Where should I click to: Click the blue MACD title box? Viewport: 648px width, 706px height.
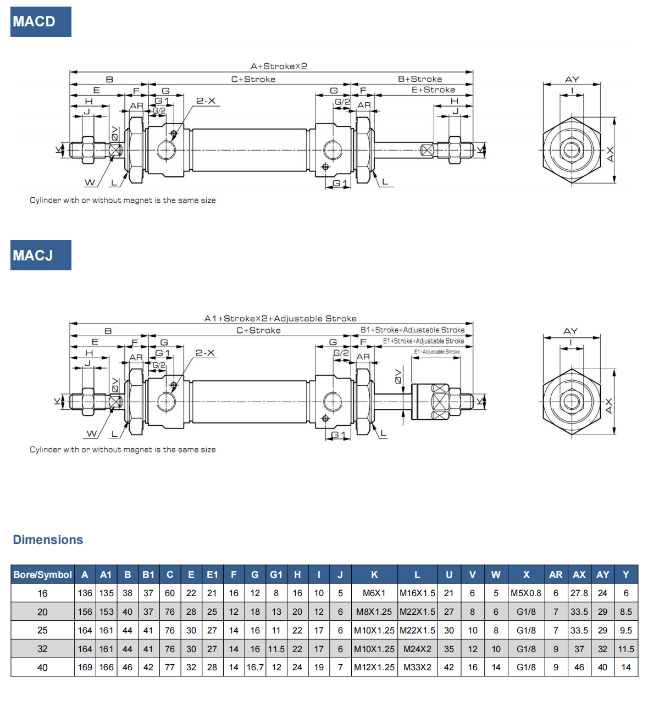click(41, 22)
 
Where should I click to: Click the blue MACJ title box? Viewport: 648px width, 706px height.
click(41, 255)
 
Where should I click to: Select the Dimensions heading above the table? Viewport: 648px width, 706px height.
click(48, 540)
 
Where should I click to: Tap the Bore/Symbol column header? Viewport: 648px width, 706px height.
click(43, 575)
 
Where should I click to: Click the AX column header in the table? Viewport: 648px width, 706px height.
click(579, 575)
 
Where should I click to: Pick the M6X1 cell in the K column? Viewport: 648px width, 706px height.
click(374, 593)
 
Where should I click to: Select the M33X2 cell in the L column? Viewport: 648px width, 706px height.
click(417, 668)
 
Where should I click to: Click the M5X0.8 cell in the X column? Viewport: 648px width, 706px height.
click(526, 593)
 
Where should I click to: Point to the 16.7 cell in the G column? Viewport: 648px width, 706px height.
click(255, 668)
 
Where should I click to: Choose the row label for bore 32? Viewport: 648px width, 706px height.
click(43, 649)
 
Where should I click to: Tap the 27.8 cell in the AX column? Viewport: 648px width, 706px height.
click(579, 593)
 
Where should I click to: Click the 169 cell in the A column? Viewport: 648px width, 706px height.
click(85, 668)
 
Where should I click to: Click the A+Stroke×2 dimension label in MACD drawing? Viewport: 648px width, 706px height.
click(279, 66)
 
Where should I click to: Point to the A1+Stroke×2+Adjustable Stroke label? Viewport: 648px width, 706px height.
click(280, 319)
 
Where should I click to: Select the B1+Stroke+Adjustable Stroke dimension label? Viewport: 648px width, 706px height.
click(412, 330)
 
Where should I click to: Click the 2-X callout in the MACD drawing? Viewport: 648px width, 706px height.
click(206, 101)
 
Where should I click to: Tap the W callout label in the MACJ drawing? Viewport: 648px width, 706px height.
click(92, 434)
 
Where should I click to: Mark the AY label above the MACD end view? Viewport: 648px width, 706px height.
click(572, 80)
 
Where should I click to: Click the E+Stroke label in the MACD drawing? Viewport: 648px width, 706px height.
click(433, 90)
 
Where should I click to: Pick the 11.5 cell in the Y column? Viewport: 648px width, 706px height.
click(626, 649)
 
